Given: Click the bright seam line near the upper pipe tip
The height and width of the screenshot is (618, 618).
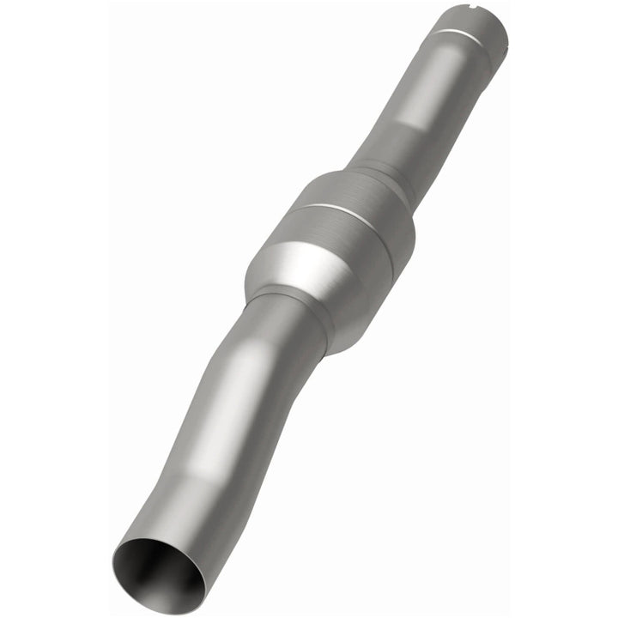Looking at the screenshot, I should pyautogui.click(x=463, y=36).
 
